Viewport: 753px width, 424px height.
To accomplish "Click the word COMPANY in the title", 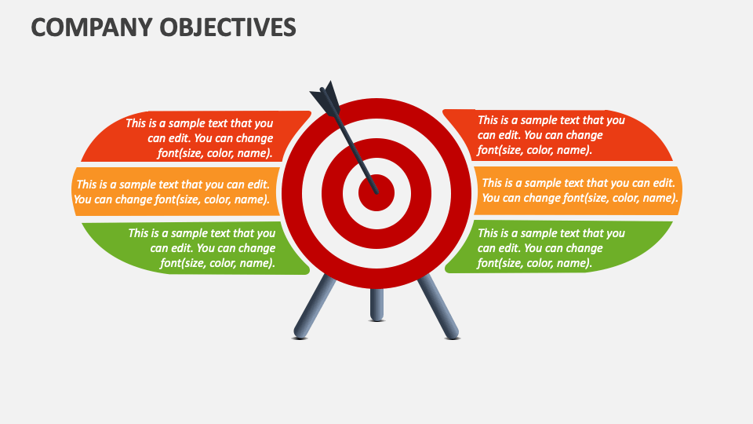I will tap(82, 27).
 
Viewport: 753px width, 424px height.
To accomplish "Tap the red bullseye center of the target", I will tap(376, 192).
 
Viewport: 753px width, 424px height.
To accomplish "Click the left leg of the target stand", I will tap(314, 306).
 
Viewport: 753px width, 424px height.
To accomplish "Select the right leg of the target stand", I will tap(438, 306).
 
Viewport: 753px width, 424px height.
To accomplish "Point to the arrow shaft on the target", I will tap(358, 152).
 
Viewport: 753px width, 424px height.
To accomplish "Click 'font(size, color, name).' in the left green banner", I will tap(217, 263).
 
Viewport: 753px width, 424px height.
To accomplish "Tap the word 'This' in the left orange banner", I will tap(89, 184).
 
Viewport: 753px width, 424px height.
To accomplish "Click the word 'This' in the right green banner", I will tap(489, 232).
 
